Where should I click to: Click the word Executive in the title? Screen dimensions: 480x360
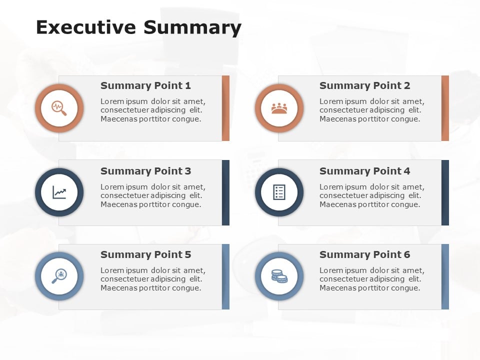86,27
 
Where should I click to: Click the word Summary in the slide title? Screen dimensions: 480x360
192,28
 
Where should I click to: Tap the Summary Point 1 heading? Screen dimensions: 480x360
145,85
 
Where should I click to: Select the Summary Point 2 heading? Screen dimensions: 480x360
364,85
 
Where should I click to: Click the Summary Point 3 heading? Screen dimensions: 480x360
145,171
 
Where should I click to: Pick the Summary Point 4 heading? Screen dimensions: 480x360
364,171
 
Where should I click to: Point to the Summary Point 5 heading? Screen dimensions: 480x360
145,254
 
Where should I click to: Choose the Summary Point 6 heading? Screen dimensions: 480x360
364,254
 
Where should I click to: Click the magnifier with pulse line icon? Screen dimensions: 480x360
59,108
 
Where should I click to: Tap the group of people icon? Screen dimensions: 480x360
279,108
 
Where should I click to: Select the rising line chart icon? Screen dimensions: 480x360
59,192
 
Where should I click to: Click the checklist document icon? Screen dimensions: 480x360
279,192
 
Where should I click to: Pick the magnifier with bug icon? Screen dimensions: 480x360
59,276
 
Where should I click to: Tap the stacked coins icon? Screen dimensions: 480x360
279,276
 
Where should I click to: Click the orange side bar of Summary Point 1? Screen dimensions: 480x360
225,108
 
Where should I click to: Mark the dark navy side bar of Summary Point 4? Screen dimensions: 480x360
445,192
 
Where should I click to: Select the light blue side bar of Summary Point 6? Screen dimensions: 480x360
445,276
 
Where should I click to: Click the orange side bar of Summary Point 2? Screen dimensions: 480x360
445,108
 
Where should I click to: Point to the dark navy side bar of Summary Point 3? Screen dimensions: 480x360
225,192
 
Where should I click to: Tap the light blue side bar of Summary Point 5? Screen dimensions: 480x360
225,276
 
